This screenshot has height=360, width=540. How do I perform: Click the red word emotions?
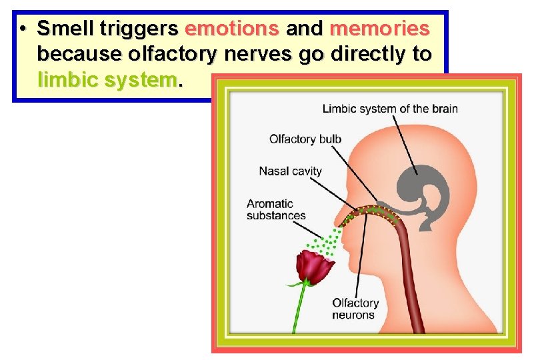232,29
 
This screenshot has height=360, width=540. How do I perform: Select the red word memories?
379,29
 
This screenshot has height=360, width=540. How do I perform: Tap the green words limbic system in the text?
108,81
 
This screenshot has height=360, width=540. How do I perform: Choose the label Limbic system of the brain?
389,109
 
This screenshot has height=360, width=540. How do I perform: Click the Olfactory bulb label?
305,139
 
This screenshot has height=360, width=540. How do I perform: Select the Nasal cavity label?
290,171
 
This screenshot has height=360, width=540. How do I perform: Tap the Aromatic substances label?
276,209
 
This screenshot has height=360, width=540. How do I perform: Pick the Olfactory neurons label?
355,309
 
